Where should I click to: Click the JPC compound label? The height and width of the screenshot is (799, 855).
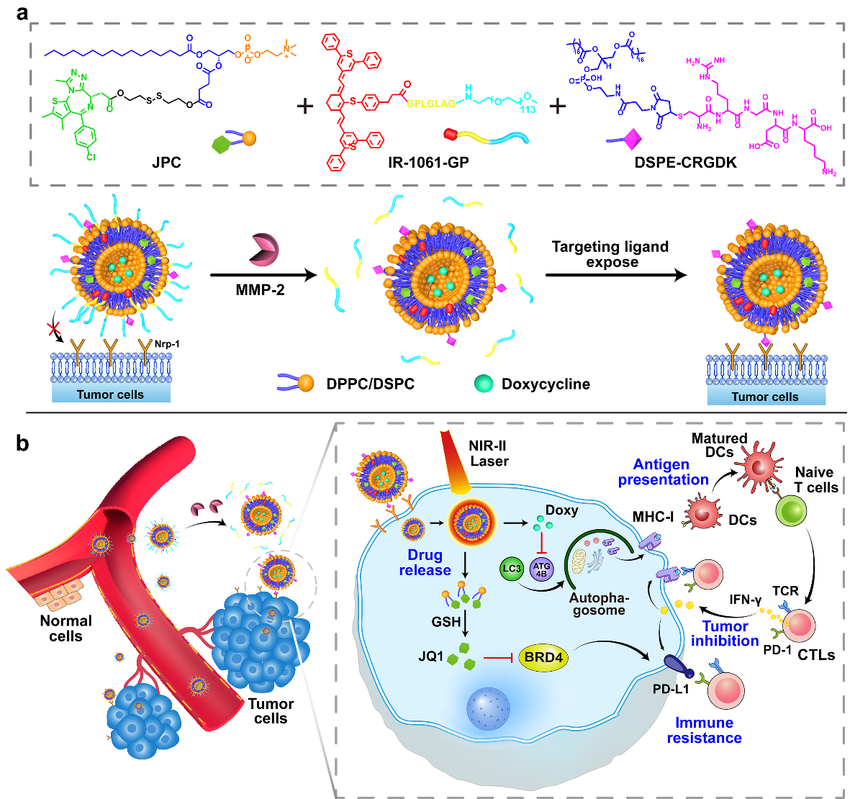point(166,162)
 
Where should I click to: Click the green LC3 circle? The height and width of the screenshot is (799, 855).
point(511,569)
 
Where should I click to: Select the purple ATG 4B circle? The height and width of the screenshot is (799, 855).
point(541,569)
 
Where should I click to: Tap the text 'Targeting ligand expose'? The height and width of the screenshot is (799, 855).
point(610,254)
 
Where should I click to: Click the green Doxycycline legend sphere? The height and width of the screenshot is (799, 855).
point(484,383)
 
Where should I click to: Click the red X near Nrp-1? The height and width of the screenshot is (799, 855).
point(53,330)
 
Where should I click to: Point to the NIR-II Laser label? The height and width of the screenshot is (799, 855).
point(489,453)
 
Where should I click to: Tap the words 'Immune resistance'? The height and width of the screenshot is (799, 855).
point(704,730)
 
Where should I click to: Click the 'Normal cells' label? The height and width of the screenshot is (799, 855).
point(65,628)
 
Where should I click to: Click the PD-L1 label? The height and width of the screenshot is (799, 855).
point(671,690)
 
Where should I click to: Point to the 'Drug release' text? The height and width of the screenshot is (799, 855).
point(425,562)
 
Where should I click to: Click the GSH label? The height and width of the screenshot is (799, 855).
point(446,621)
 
